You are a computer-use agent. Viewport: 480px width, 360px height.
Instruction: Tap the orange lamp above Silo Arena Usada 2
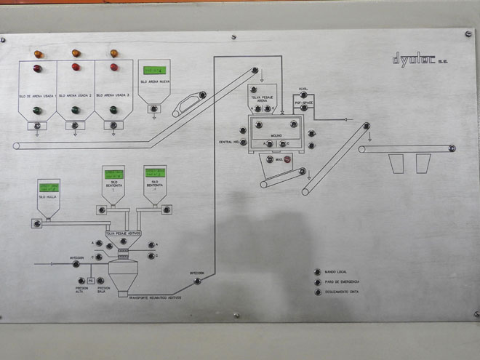coord(76,53)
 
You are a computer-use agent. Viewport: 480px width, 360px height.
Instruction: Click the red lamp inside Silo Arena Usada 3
coord(113,68)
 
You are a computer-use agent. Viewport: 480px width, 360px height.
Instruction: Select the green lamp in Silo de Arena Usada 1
coord(38,111)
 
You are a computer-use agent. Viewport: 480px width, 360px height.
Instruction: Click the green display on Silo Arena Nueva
coord(153,70)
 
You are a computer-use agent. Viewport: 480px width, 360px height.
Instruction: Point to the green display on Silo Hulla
coord(47,187)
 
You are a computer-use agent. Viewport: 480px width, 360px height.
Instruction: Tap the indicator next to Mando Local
coord(316,270)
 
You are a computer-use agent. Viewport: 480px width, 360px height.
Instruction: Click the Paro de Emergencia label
coord(343,281)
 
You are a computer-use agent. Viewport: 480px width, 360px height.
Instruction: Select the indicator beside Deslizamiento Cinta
coord(316,292)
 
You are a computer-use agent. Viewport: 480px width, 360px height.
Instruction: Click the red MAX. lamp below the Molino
coord(287,159)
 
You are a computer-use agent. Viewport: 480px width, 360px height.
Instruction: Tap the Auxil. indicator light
coord(303,95)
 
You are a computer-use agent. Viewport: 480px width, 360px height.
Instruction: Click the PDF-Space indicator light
coord(303,107)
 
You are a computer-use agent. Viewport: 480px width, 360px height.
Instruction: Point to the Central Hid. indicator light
coord(243,141)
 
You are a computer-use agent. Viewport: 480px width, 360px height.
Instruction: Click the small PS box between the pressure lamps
coord(91,280)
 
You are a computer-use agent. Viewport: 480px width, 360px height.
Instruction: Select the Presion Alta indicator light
coord(80,280)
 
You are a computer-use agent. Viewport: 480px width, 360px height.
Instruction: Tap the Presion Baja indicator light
coord(102,280)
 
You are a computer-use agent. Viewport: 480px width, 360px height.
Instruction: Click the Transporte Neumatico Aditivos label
coord(155,298)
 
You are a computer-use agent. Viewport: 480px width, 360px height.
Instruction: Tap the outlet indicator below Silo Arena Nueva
coord(153,108)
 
